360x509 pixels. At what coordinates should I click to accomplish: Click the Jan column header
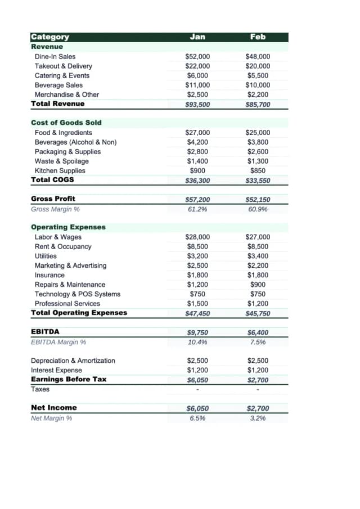197,37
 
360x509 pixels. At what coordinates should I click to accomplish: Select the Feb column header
258,37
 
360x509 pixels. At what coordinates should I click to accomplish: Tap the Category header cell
50,37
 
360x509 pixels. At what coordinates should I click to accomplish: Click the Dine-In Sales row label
55,57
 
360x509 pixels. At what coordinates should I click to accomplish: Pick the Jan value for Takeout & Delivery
197,66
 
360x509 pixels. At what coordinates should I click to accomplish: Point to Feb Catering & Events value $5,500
258,76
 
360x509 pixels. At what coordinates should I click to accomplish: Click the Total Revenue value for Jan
197,105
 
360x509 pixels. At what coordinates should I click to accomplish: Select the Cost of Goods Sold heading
66,123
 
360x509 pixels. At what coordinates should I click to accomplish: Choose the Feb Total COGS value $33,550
258,181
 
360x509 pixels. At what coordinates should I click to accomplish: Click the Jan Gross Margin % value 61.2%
197,209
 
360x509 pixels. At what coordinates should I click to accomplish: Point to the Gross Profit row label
53,199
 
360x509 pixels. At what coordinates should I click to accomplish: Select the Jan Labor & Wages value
197,237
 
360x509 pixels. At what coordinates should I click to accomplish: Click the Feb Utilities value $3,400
258,256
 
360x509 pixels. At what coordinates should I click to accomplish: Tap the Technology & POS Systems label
78,294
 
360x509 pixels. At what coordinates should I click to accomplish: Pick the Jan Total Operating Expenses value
197,314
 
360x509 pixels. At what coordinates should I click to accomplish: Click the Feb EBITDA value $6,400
258,332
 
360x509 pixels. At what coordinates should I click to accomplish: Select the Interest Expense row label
56,370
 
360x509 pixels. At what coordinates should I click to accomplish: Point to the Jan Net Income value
197,408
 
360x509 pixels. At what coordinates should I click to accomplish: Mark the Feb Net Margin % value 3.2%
258,418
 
